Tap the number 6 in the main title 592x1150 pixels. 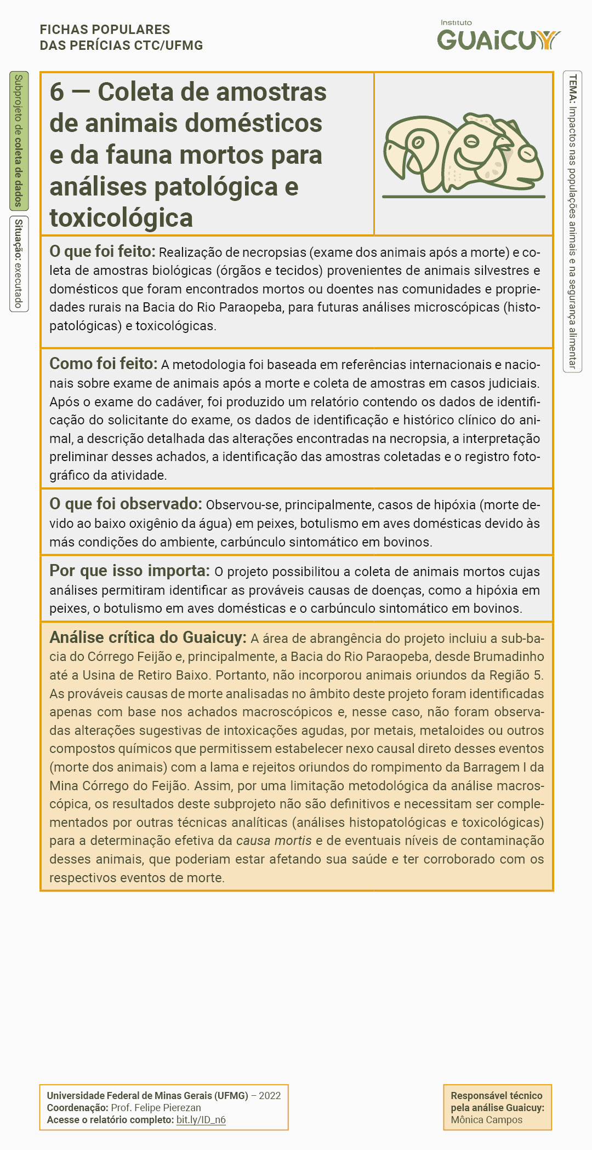[56, 92]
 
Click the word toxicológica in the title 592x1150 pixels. [121, 218]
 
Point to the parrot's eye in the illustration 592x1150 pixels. [418, 142]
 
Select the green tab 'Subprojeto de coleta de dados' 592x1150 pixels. [19, 141]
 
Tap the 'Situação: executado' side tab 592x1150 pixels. [19, 263]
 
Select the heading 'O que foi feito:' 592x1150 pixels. [103, 251]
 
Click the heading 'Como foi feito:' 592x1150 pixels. [103, 364]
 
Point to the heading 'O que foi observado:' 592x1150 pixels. [126, 504]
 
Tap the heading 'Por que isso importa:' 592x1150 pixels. [129, 571]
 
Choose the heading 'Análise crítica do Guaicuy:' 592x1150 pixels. [147, 637]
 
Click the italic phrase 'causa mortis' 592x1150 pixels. [274, 841]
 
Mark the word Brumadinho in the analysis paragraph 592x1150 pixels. [508, 657]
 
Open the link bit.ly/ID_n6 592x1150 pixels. [201, 1120]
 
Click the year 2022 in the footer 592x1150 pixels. [270, 1096]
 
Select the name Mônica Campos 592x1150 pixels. [486, 1120]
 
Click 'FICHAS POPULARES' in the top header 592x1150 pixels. [105, 30]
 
